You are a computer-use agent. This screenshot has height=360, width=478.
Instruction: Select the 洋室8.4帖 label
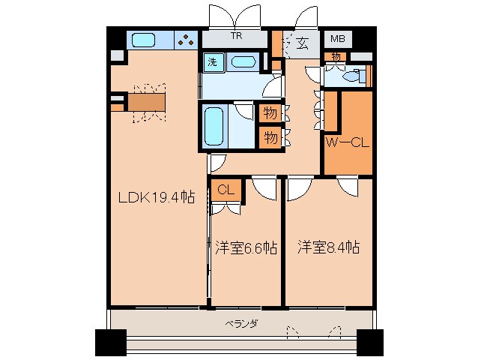point(327,247)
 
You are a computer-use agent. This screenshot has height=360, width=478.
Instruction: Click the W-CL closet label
point(347,142)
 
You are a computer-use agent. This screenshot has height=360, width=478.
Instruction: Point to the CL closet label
point(226,190)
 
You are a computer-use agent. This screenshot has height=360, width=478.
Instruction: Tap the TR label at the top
point(236,35)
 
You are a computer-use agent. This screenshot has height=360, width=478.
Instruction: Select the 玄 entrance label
point(302,42)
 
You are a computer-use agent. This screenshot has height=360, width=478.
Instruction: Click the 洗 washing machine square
point(213,62)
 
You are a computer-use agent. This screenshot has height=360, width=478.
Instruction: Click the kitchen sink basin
point(142,40)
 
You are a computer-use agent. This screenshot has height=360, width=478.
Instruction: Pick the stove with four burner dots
point(185,40)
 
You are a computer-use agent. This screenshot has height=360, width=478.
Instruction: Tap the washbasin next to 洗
point(243,62)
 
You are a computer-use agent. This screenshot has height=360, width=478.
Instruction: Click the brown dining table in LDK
point(145,101)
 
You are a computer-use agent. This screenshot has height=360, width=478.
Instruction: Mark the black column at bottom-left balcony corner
point(109,342)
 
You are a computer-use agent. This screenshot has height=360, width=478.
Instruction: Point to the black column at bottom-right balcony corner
point(369,342)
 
